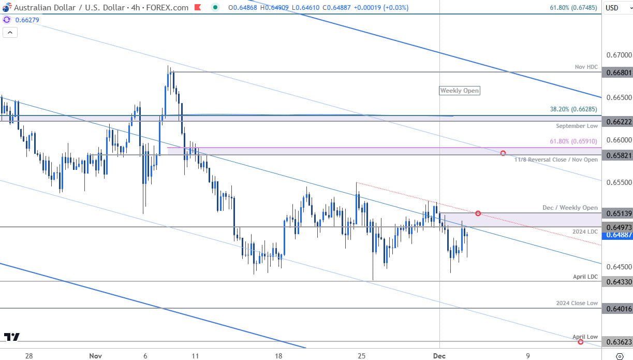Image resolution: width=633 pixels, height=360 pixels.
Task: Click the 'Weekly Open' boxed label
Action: pos(459,91)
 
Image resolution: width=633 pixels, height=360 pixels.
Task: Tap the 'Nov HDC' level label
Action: pos(586,67)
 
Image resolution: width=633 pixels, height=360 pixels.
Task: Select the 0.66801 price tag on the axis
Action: pos(618,73)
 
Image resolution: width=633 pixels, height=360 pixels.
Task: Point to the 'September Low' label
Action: pos(577,126)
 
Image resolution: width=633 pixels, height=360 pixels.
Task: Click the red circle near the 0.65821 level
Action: pos(503,153)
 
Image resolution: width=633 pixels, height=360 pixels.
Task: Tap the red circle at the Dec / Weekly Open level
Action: pos(478,213)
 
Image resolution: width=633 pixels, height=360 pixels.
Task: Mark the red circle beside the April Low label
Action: pos(580,342)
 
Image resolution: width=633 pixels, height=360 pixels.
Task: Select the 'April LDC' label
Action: pos(585,277)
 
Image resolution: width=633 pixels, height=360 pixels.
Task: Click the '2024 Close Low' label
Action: pos(577,303)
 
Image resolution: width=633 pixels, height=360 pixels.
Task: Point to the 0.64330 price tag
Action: pos(618,282)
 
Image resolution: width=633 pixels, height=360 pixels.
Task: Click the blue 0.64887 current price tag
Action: pos(618,235)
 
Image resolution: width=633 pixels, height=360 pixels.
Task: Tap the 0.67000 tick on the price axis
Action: pos(618,55)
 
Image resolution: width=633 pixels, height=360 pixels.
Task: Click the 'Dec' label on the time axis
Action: pos(439,356)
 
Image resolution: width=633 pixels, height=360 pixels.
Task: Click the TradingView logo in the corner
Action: pos(11,337)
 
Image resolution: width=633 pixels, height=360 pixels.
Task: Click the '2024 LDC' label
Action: pos(585,231)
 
